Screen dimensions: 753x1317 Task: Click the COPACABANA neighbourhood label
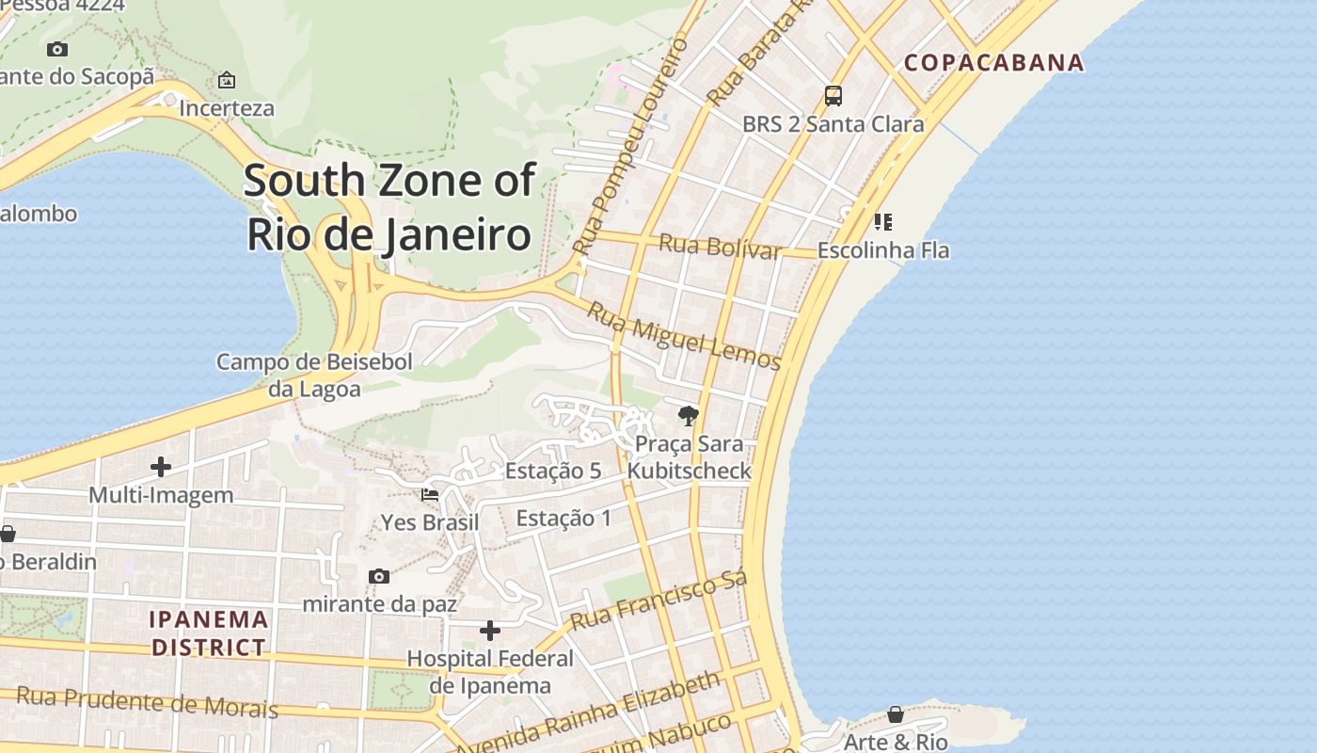(x=994, y=63)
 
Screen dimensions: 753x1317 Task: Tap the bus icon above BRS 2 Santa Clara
(x=833, y=95)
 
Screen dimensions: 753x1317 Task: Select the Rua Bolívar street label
(x=720, y=246)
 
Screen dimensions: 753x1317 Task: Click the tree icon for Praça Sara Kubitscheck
(x=689, y=415)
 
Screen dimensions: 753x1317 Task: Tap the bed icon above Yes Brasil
(x=430, y=494)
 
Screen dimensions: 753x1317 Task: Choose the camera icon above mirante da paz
(x=379, y=576)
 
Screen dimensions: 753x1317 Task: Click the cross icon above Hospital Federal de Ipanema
(x=490, y=631)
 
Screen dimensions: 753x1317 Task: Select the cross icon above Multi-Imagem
(x=161, y=467)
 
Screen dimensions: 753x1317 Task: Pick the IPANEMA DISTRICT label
(x=209, y=633)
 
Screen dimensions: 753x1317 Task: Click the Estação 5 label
(x=553, y=471)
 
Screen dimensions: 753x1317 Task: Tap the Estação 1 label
(x=563, y=518)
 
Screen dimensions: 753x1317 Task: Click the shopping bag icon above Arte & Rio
(x=896, y=714)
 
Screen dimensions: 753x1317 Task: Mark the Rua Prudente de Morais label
(x=148, y=702)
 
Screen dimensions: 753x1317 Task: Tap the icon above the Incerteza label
(x=226, y=80)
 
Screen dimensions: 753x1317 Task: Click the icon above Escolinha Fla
(x=882, y=222)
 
